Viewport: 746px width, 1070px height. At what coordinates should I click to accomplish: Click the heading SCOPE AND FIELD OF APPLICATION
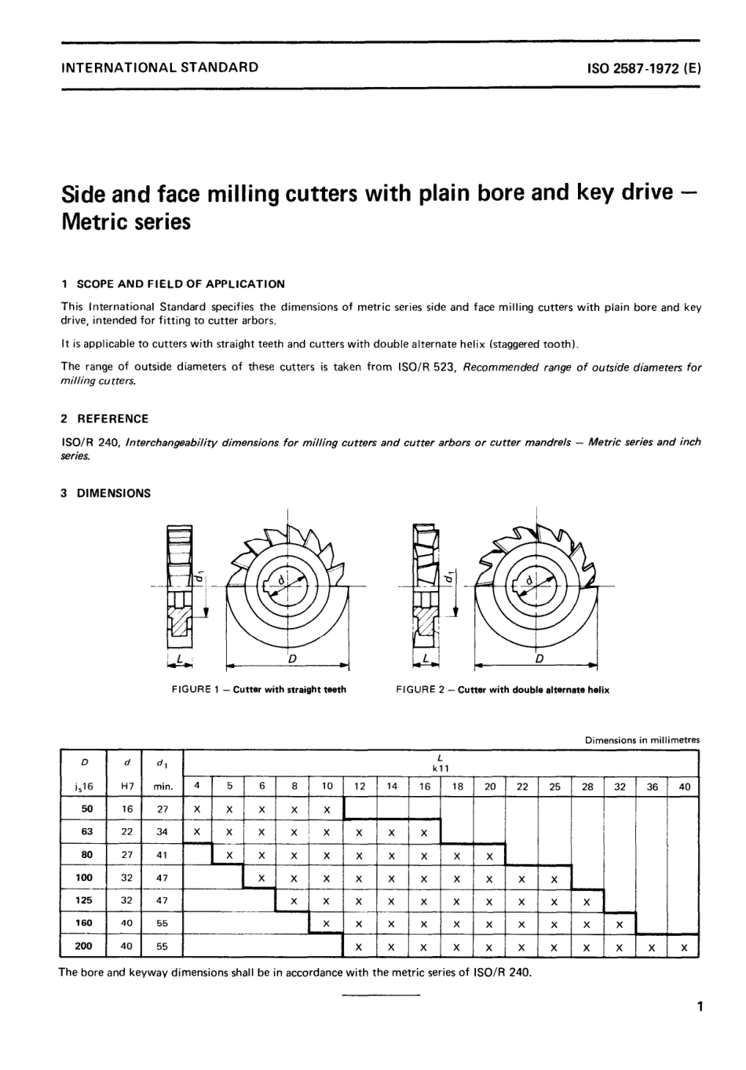coord(180,284)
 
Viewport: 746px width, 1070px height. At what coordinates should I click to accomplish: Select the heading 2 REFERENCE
coord(104,419)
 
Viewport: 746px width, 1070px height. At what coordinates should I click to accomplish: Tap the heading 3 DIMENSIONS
coord(106,494)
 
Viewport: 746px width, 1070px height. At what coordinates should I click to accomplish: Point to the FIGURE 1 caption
coord(259,690)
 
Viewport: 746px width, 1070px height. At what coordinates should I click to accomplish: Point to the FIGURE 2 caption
coord(503,690)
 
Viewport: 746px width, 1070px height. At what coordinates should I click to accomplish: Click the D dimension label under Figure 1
coord(291,659)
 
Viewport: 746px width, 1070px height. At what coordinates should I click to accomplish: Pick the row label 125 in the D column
coord(83,900)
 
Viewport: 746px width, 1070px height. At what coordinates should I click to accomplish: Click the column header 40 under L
coord(684,786)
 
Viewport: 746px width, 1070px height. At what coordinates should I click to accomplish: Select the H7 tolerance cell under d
coord(126,786)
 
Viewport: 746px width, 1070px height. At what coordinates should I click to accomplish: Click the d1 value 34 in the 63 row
coord(162,831)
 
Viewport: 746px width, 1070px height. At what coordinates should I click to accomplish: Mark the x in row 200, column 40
coord(684,948)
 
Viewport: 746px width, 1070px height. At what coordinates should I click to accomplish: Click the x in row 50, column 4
coord(197,809)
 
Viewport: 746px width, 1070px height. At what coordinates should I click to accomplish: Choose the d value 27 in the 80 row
coord(126,855)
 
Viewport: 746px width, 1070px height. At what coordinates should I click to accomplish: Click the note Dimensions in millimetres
coord(642,740)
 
